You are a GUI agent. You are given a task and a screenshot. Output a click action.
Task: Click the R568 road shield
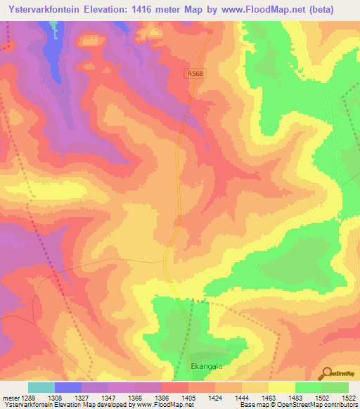coord(196,73)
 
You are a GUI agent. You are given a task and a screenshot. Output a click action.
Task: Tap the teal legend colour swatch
coord(41,387)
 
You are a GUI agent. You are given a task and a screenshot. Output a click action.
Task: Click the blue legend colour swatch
coord(68,387)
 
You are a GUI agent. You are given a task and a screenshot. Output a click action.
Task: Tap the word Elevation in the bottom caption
coord(65,405)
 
